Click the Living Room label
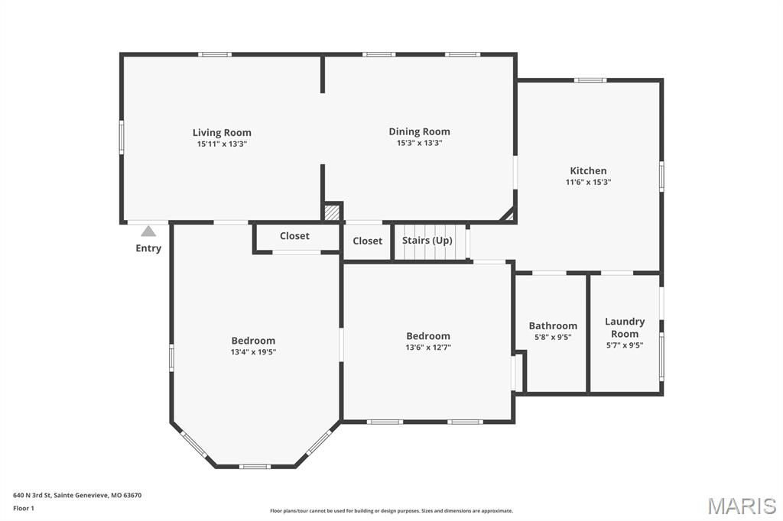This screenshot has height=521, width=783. (x=222, y=133)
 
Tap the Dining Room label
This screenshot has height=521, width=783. (x=419, y=131)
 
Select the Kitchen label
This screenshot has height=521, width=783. (x=588, y=171)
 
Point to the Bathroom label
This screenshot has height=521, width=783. (x=553, y=326)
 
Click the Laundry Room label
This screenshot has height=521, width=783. (x=625, y=328)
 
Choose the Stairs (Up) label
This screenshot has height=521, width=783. (x=427, y=241)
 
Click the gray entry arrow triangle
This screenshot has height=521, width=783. (x=148, y=231)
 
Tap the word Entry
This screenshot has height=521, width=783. (x=148, y=248)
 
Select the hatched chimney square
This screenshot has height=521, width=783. (x=332, y=212)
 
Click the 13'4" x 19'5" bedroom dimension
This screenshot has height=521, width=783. (x=253, y=352)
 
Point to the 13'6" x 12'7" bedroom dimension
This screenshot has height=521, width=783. (x=427, y=348)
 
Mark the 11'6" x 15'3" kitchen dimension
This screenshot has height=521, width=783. (x=588, y=183)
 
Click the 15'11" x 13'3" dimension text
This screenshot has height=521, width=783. (x=222, y=144)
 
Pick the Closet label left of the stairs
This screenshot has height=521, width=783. (x=367, y=241)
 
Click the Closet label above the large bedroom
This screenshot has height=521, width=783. (x=294, y=236)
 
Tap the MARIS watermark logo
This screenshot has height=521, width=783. (x=741, y=505)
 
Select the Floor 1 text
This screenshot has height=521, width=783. (x=24, y=508)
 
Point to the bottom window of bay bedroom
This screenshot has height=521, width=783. (x=255, y=466)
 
